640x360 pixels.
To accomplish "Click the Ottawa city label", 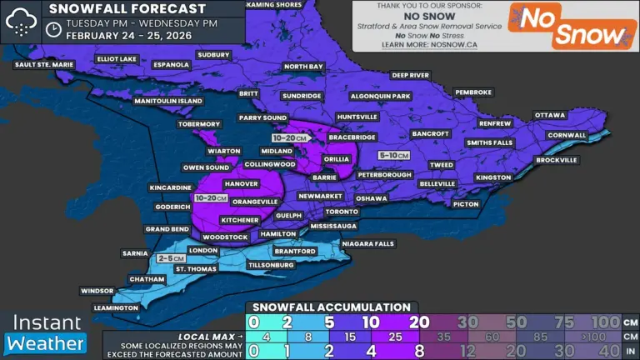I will pyautogui.click(x=549, y=114).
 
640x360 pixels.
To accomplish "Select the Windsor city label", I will pyautogui.click(x=97, y=291).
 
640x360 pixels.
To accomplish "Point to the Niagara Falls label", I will pyautogui.click(x=367, y=243).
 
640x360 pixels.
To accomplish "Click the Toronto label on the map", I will pyautogui.click(x=342, y=212).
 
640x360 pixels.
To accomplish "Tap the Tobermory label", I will pyautogui.click(x=198, y=124).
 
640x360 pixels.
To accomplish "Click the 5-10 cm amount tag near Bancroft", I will pyautogui.click(x=393, y=156).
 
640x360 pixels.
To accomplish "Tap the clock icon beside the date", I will pyautogui.click(x=53, y=29).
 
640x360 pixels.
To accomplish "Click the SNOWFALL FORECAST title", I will pyautogui.click(x=127, y=8).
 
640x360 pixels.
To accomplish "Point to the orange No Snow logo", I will pyautogui.click(x=570, y=26).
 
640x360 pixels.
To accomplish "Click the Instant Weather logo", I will pyautogui.click(x=46, y=332).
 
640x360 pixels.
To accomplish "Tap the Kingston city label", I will pyautogui.click(x=492, y=177).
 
